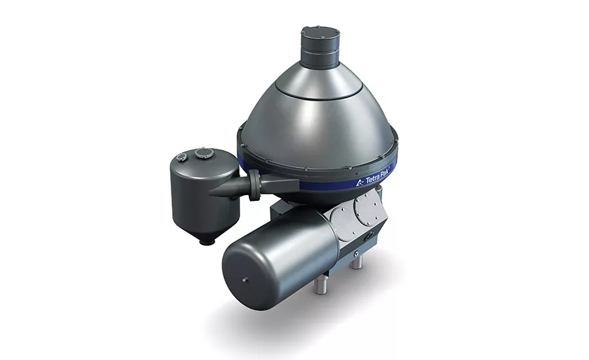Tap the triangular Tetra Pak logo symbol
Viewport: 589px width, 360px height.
360,183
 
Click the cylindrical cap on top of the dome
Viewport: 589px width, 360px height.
320,47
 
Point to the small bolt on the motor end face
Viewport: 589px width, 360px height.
245,279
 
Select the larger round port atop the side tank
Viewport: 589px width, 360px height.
204,153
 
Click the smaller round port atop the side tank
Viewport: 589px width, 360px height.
181,158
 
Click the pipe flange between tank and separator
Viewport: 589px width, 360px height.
255,184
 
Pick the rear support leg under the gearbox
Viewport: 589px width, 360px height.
356,262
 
